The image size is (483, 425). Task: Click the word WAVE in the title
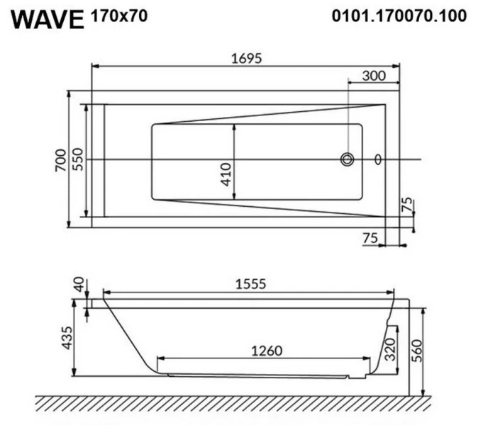(x=48, y=19)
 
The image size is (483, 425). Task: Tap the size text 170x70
(x=119, y=16)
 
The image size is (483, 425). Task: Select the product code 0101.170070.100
(x=399, y=16)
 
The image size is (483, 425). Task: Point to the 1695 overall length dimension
(x=245, y=59)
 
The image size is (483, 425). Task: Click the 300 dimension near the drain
(x=374, y=76)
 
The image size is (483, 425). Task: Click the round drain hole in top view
(x=347, y=159)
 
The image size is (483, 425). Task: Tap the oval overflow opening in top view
(x=377, y=159)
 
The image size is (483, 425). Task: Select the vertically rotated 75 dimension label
(x=406, y=206)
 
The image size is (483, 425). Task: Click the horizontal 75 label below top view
(x=370, y=239)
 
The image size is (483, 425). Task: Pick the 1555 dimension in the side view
(x=250, y=284)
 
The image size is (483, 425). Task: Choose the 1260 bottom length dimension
(x=266, y=351)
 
